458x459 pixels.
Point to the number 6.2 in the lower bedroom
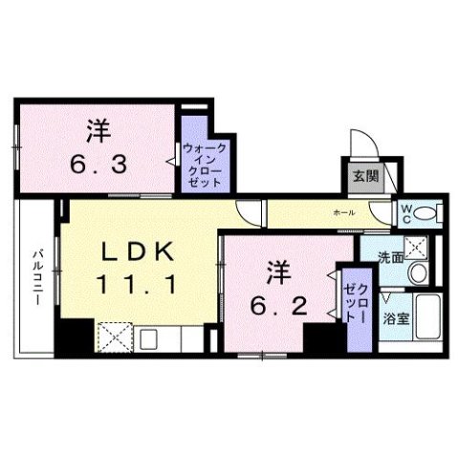point(273,307)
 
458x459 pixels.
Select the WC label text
point(405,211)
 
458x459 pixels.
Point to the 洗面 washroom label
point(389,257)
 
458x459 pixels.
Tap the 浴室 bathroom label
point(399,318)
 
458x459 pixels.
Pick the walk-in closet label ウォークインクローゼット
point(204,164)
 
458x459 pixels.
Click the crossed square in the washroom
point(415,247)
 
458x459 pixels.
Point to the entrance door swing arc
point(360,143)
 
